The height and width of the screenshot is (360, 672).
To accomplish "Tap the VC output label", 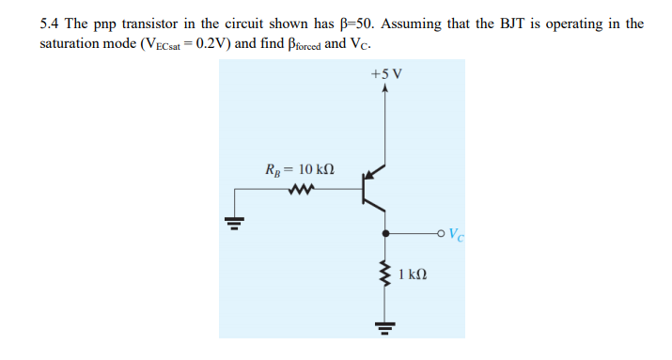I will [455, 234].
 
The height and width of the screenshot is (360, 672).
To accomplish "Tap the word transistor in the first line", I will [168, 23].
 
